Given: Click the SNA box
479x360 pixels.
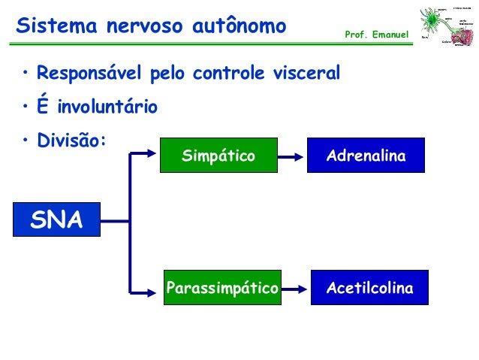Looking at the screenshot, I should [56, 219].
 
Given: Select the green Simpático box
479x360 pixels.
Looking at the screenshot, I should [218, 156].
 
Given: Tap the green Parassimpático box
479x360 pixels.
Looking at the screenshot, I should [222, 288].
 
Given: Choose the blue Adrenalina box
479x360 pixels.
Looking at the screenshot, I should [366, 156].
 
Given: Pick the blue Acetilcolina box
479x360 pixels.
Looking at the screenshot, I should [369, 288].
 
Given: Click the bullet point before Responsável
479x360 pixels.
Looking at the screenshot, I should [26, 74].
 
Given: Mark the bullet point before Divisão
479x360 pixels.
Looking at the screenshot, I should [26, 140].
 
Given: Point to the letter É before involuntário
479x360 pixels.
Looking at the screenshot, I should [43, 106].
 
